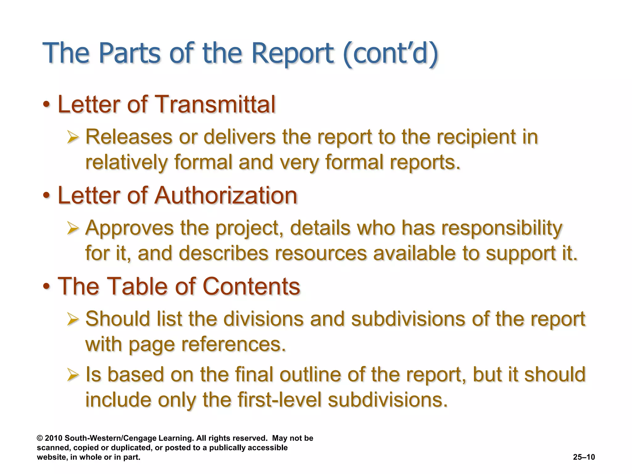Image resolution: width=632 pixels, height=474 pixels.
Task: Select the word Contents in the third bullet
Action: tap(251, 286)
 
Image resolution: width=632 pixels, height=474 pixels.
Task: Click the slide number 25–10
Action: tap(584, 457)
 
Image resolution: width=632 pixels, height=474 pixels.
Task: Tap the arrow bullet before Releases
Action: tap(73, 137)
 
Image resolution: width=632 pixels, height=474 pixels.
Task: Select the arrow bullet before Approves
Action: tap(73, 228)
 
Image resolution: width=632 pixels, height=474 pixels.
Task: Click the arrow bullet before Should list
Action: tap(73, 319)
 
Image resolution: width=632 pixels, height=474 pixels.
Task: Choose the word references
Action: tap(233, 344)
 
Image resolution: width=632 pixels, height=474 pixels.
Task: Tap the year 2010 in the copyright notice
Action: tap(54, 438)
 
